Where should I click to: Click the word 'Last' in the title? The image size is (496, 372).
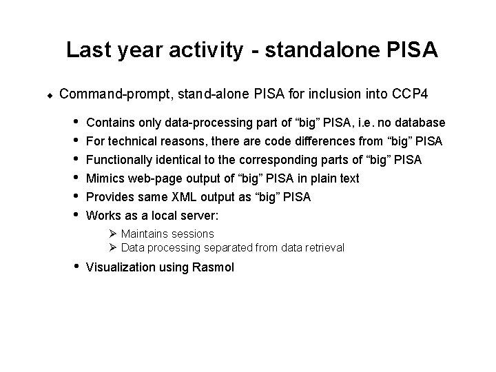83,50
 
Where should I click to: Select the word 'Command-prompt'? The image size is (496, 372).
112,94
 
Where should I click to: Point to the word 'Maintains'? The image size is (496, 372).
144,234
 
